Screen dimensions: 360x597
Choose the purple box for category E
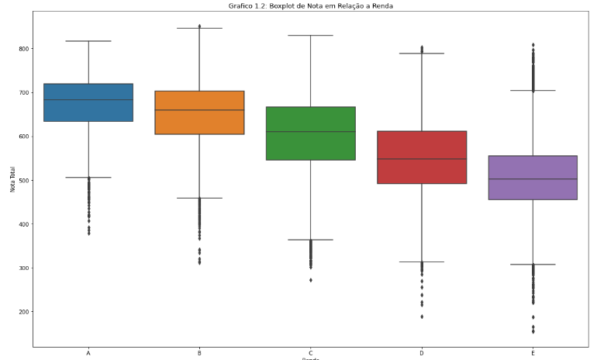pyautogui.click(x=533, y=189)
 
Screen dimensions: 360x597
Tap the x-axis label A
pyautogui.click(x=88, y=352)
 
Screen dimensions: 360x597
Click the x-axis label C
pyautogui.click(x=310, y=352)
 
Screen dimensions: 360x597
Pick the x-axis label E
pyautogui.click(x=533, y=352)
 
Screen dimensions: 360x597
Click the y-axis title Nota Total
pyautogui.click(x=12, y=181)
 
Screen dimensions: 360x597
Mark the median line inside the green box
pyautogui.click(x=310, y=132)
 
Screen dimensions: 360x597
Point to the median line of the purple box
pyautogui.click(x=533, y=179)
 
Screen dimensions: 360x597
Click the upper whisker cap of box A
pyautogui.click(x=88, y=41)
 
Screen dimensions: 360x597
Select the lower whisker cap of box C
pyautogui.click(x=310, y=240)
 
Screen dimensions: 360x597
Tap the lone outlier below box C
pyautogui.click(x=311, y=279)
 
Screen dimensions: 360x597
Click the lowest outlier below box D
pyautogui.click(x=422, y=317)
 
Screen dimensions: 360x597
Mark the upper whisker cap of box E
pyautogui.click(x=533, y=91)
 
